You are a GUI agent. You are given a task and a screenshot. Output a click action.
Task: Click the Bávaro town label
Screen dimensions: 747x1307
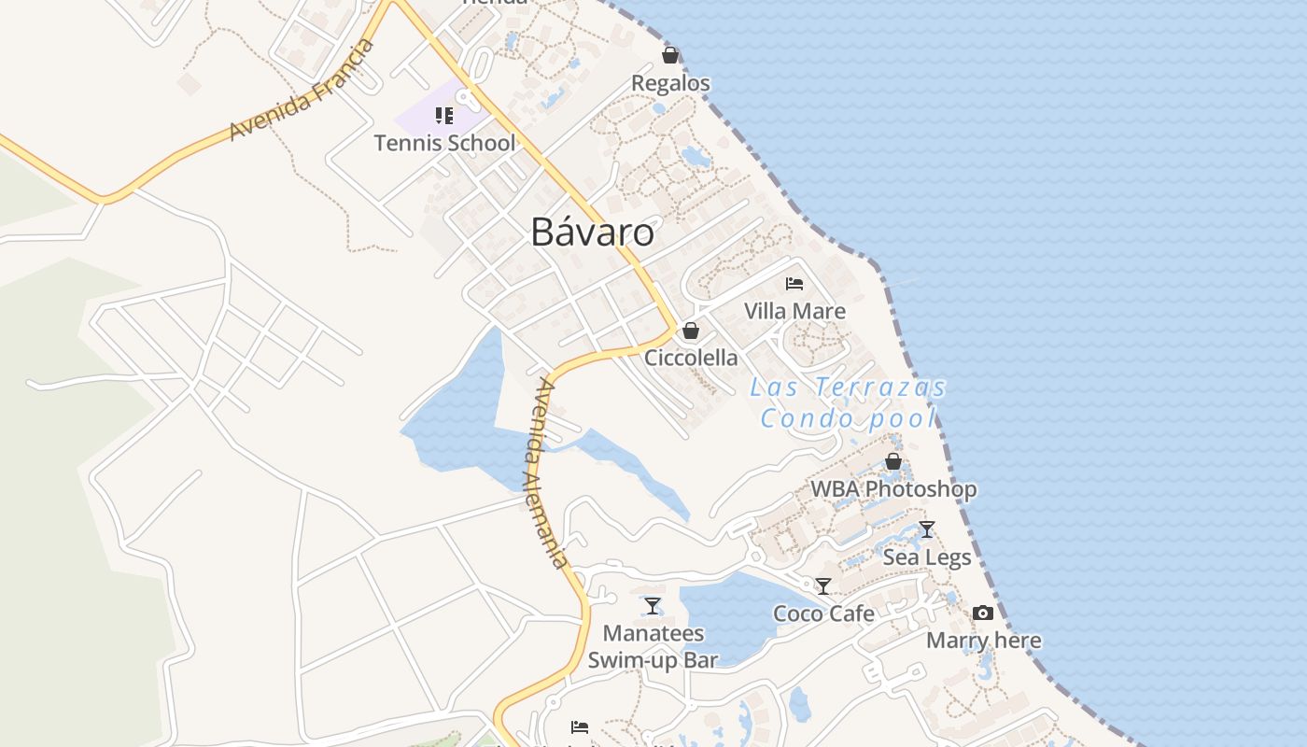coord(592,232)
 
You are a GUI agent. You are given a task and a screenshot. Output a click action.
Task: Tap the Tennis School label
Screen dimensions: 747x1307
coord(444,143)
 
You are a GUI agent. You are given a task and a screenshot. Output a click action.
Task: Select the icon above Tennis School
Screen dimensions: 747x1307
coord(444,116)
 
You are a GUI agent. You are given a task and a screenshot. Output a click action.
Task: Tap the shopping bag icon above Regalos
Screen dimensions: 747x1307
coord(670,55)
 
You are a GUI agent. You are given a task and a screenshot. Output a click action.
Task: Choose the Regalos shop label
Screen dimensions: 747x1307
coord(670,83)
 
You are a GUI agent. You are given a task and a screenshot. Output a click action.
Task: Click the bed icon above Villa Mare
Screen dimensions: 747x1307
coord(794,283)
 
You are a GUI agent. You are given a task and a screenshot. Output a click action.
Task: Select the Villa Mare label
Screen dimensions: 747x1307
coord(794,311)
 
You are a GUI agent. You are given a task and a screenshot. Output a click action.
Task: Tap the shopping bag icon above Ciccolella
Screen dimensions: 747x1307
coord(691,331)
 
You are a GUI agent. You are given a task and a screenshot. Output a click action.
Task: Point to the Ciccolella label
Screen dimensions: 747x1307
coord(691,358)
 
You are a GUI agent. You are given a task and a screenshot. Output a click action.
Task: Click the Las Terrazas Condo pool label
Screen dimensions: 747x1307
coord(848,402)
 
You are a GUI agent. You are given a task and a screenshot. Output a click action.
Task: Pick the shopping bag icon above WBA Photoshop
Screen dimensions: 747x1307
coord(893,461)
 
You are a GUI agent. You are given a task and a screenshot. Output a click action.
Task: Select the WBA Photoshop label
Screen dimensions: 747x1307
coord(893,488)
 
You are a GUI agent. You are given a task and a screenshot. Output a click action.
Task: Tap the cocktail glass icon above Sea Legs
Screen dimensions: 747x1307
coord(927,529)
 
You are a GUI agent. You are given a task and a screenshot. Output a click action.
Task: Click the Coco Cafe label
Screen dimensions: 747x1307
coord(823,613)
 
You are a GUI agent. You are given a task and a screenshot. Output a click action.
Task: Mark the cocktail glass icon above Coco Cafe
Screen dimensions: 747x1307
coord(823,586)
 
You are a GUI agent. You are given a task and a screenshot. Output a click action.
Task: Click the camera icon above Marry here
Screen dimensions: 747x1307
coord(983,613)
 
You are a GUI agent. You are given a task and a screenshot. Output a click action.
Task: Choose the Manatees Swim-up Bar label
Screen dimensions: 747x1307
coord(653,646)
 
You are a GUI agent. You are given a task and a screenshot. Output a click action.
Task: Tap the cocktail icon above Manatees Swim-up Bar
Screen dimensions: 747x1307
coord(653,606)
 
